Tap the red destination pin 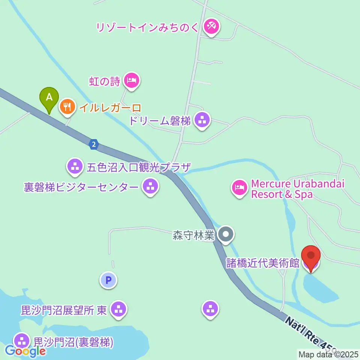pyautogui.click(x=311, y=257)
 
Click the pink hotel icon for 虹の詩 pyautogui.click(x=131, y=80)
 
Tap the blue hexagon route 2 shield pyautogui.click(x=94, y=144)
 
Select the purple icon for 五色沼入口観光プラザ pyautogui.click(x=75, y=166)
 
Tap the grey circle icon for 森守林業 pyautogui.click(x=226, y=235)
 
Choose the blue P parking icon pyautogui.click(x=108, y=280)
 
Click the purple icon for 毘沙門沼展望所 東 pyautogui.click(x=119, y=309)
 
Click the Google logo pyautogui.click(x=25, y=351)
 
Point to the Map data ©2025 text pyautogui.click(x=328, y=354)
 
